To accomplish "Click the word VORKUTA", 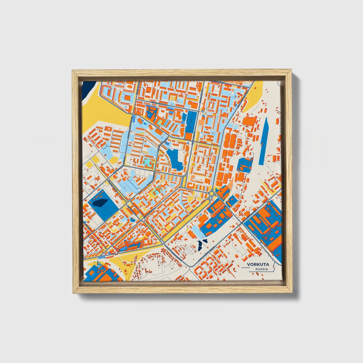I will [x=258, y=264].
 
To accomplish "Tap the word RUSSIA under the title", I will [x=262, y=269].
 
